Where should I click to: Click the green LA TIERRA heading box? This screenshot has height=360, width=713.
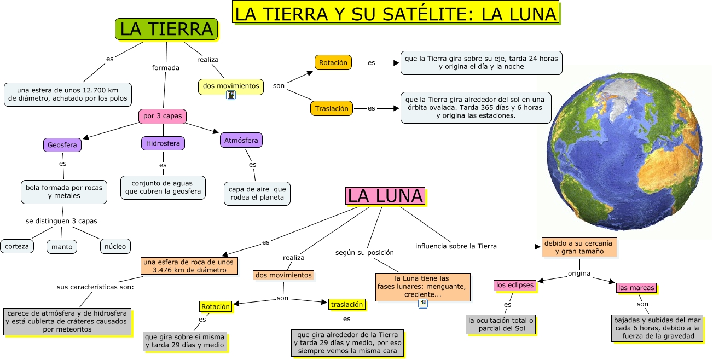click(166, 29)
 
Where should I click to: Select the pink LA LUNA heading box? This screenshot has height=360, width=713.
click(385, 196)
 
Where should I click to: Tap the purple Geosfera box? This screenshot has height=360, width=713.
click(62, 145)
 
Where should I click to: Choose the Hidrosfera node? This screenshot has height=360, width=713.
click(163, 143)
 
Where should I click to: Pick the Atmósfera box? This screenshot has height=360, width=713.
click(241, 140)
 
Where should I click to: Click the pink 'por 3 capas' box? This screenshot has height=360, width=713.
click(163, 116)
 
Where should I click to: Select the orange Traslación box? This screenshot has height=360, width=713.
click(331, 108)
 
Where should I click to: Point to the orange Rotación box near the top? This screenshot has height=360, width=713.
click(333, 62)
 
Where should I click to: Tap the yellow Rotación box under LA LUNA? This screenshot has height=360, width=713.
click(215, 306)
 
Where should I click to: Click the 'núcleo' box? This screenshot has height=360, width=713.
click(115, 246)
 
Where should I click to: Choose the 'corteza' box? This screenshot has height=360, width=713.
click(17, 246)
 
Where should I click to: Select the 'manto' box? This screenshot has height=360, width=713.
click(62, 247)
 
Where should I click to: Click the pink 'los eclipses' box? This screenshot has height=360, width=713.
click(514, 285)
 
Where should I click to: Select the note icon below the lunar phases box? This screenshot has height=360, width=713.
click(422, 304)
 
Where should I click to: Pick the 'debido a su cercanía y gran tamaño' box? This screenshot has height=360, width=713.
click(579, 247)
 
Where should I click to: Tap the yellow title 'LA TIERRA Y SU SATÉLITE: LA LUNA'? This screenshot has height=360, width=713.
click(397, 13)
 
